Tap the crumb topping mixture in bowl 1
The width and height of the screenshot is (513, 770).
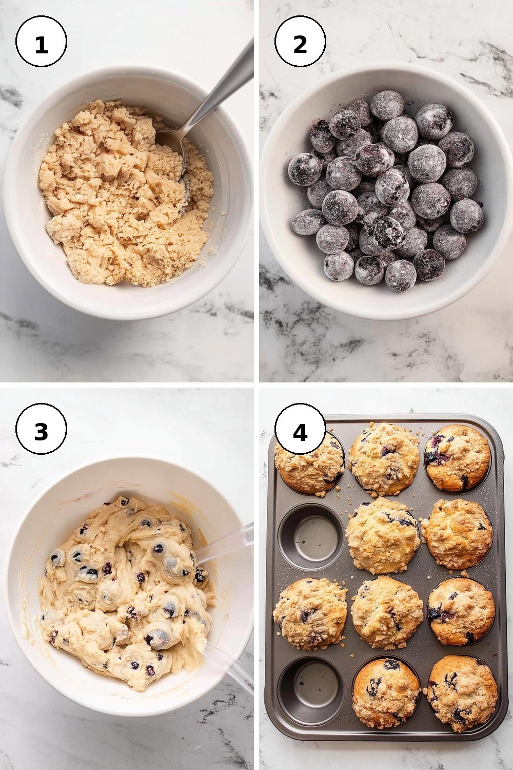click(125, 192)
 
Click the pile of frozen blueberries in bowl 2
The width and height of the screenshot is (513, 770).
click(385, 192)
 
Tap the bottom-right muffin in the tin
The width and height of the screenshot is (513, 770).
click(462, 692)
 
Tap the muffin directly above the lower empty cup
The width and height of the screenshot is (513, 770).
click(310, 608)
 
